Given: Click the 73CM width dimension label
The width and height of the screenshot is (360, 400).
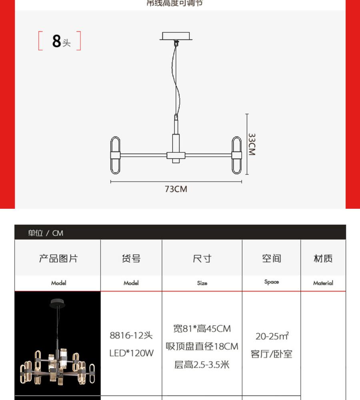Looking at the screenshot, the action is tap(176, 189).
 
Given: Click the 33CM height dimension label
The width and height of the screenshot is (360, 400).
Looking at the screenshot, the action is tap(252, 144).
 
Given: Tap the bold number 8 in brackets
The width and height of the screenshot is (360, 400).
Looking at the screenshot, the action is tap(56, 41).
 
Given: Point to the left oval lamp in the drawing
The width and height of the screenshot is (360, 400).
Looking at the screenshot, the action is tap(115, 155).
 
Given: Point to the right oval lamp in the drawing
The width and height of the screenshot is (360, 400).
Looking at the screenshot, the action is tap(236, 155).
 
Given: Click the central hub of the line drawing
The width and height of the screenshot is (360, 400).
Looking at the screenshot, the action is tap(176, 155).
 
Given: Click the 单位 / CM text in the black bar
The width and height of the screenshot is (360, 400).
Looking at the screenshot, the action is tap(46, 233).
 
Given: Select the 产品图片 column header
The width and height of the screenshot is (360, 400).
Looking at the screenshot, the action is tap(58, 258).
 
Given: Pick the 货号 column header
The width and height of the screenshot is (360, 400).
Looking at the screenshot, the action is tap(131, 258).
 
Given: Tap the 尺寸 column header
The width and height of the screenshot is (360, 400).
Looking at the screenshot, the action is tap(202, 258).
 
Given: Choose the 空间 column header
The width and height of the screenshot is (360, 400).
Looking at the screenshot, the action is tap(272, 258).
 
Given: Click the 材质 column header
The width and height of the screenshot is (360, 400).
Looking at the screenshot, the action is tap(323, 258).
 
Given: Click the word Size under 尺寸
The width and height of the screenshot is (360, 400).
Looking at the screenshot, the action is tap(202, 283).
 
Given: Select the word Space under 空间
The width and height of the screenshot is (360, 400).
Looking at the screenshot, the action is tap(272, 282).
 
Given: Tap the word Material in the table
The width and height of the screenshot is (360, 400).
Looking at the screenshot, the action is tap(323, 283).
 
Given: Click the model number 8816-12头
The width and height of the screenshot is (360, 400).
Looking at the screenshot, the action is tap(131, 335).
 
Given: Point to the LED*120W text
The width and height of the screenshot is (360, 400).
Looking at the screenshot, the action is tap(131, 353).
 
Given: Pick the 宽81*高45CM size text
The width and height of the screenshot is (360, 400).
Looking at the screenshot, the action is tap(202, 328).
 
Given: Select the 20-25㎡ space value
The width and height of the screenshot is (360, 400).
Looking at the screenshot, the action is tap(272, 336).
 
